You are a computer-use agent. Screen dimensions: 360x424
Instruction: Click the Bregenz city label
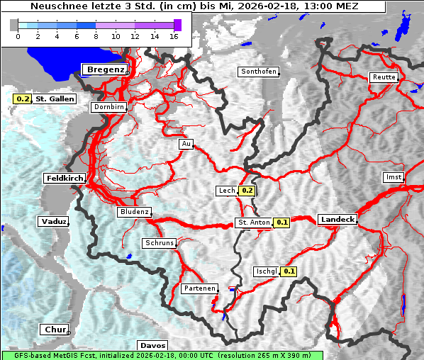pos(106,69)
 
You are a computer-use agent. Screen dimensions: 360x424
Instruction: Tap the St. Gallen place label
pos(55,99)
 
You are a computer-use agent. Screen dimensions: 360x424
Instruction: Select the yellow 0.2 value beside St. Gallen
pos(23,99)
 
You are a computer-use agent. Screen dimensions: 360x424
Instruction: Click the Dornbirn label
pos(109,107)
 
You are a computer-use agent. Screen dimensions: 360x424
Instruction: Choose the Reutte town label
pos(383,77)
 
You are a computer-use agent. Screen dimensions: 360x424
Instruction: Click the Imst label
pos(392,177)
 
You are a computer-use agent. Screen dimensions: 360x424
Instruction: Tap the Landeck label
pos(337,220)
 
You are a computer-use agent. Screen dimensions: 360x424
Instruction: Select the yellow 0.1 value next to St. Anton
pos(282,223)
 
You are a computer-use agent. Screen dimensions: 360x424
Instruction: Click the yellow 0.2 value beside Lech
pos(247,191)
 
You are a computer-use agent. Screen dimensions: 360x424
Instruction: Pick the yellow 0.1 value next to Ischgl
pos(289,271)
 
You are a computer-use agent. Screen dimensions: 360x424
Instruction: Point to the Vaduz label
pos(54,222)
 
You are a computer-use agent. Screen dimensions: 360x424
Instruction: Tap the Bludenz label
pos(134,212)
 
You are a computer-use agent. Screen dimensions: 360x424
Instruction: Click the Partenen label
pos(199,289)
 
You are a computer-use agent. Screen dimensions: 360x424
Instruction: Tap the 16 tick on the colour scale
pos(174,35)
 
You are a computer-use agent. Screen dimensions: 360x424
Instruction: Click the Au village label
pos(186,144)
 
